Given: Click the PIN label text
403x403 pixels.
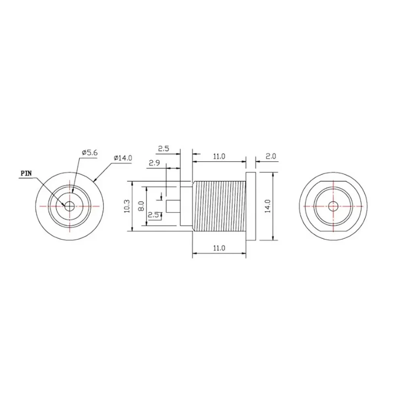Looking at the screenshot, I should pos(26,173).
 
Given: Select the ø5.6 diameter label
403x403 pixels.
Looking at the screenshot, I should pos(89,153).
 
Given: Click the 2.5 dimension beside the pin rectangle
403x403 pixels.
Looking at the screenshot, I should pos(154,215).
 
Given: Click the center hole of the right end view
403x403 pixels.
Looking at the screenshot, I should pos(333,206).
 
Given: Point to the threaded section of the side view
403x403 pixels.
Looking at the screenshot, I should pos(220,206).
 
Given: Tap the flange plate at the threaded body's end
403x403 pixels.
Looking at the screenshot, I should pos(251,206).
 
